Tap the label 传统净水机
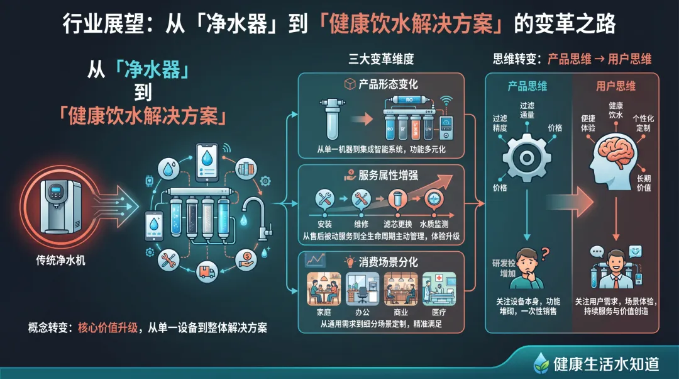click(62, 259)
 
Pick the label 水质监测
click(434, 223)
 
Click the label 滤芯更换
click(397, 223)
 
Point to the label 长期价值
click(644, 183)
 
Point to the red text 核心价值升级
click(108, 328)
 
